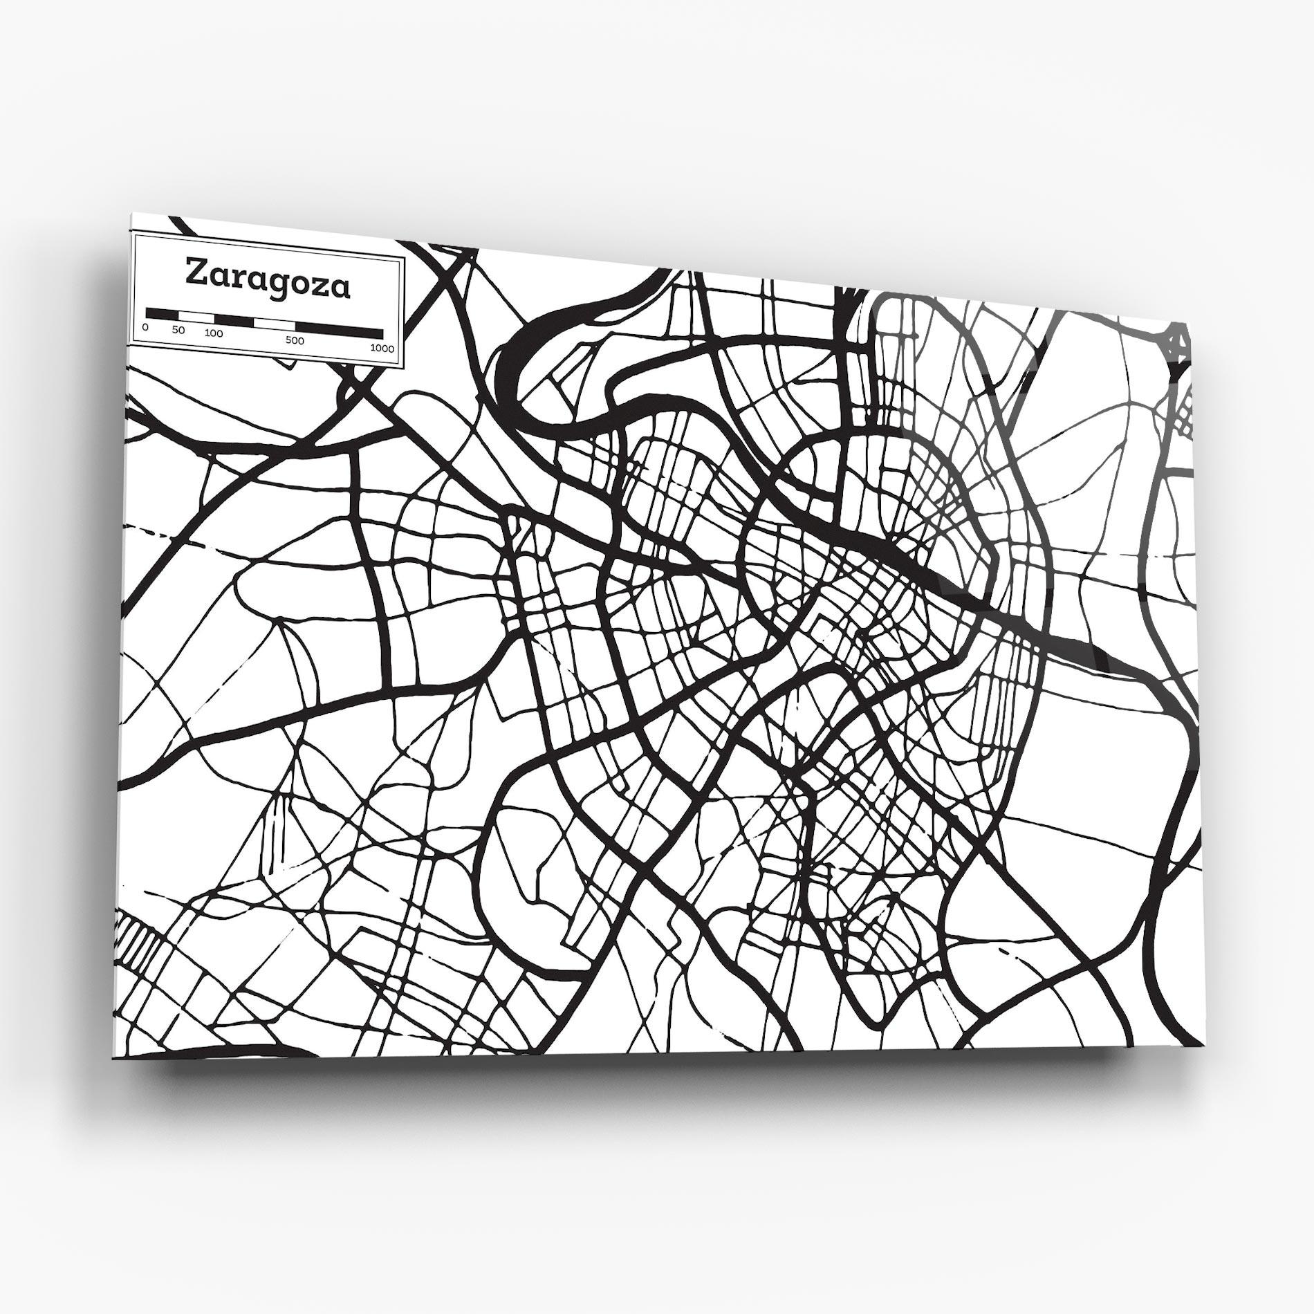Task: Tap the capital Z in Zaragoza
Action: tap(195, 272)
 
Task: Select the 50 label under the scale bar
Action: tap(178, 330)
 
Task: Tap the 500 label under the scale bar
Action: tap(295, 340)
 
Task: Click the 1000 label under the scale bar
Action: tap(382, 348)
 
